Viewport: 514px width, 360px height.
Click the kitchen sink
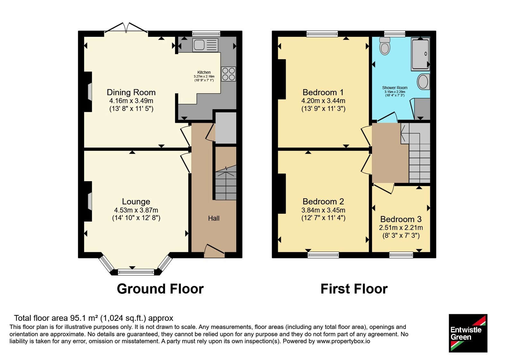point(205,45)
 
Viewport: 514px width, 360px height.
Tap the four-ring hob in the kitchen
point(228,74)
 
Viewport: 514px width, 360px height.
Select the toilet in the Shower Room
point(385,46)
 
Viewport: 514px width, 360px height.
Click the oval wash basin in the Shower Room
point(423,82)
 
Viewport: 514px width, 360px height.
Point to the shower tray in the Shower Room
point(420,54)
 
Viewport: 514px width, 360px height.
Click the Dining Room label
point(131,92)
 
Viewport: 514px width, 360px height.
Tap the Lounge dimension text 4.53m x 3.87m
point(136,210)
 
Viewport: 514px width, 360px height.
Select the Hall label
point(214,218)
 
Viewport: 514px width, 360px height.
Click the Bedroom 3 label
point(401,219)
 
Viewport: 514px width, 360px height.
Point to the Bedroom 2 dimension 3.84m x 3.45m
point(323,210)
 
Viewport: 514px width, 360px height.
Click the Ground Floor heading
point(160,289)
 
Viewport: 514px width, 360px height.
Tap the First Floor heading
point(354,289)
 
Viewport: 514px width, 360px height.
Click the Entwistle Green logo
point(468,333)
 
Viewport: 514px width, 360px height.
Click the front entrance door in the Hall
point(214,251)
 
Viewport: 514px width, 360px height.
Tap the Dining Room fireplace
point(88,92)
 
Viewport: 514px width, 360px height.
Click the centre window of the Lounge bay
point(136,272)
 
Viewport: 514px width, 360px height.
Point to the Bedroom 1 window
point(323,34)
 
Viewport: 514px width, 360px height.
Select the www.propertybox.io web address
point(343,341)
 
